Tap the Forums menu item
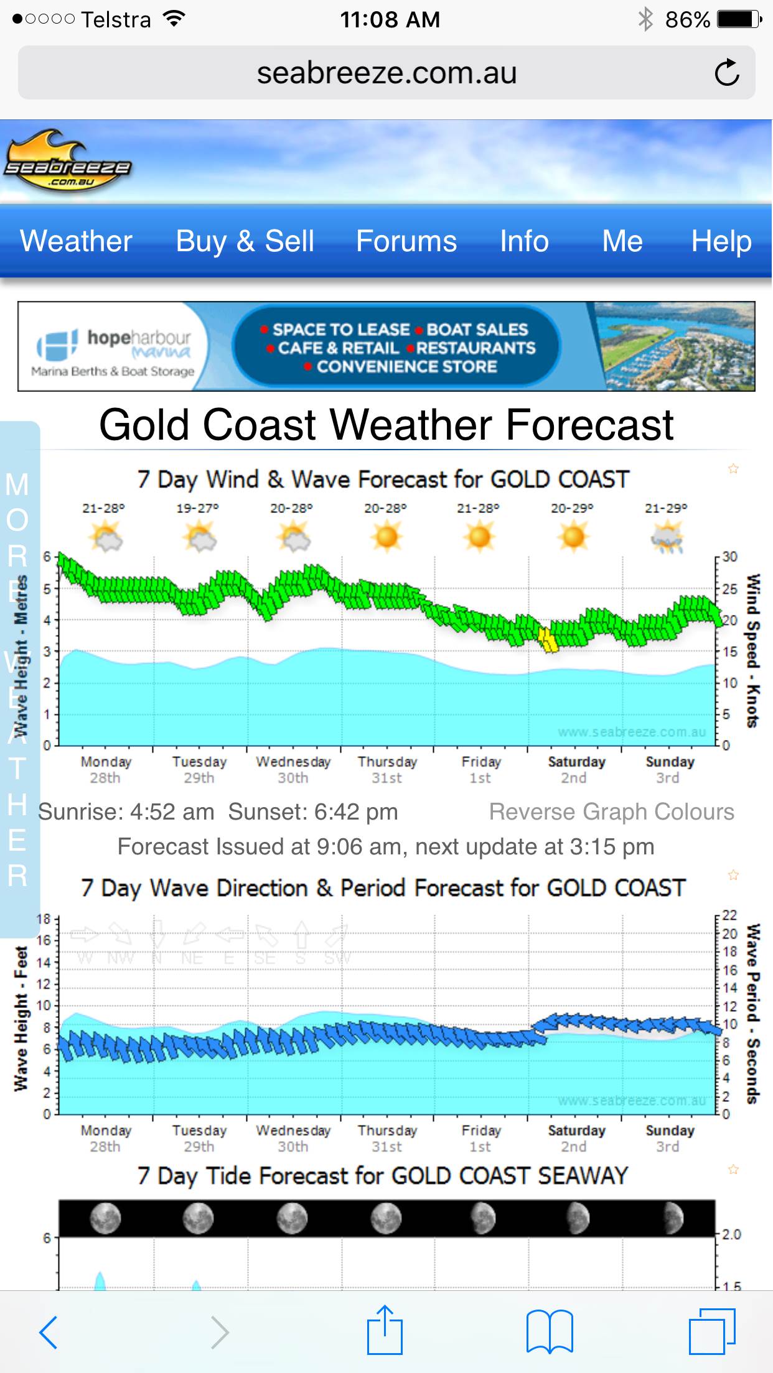[x=406, y=241]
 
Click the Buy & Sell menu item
[x=245, y=241]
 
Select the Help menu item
[x=721, y=241]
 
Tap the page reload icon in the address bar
[x=726, y=73]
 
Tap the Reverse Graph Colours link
[x=611, y=812]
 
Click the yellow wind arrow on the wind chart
[x=548, y=640]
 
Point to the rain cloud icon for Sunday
[x=667, y=538]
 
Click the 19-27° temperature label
[x=197, y=509]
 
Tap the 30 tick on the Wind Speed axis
[x=729, y=557]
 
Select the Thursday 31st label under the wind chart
[x=387, y=770]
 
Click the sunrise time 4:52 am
[x=172, y=812]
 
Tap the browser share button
[x=385, y=1331]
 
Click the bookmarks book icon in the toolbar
[x=549, y=1331]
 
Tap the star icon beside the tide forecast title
[x=733, y=1170]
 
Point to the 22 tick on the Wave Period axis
[x=729, y=915]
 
